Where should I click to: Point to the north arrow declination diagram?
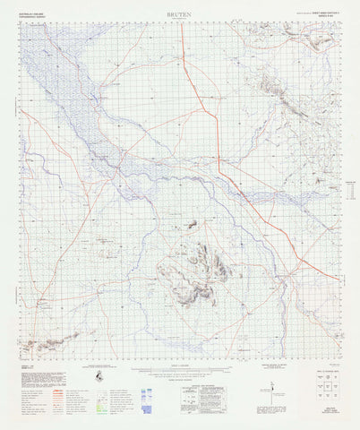tap(272, 385)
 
